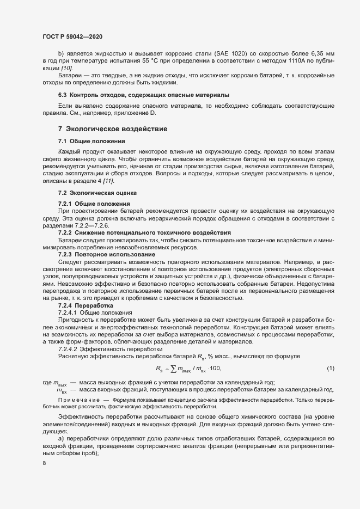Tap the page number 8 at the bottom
[44, 463]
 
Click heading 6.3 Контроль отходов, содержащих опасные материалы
[133, 95]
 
